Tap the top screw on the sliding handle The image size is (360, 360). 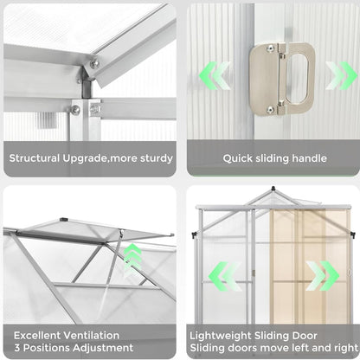270,48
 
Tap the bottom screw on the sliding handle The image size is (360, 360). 270,109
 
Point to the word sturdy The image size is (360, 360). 157,158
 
